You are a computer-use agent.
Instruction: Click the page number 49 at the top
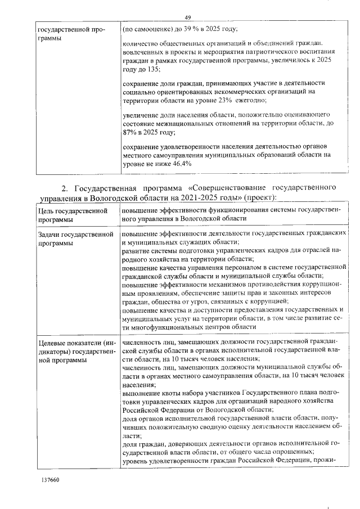(x=188, y=17)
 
